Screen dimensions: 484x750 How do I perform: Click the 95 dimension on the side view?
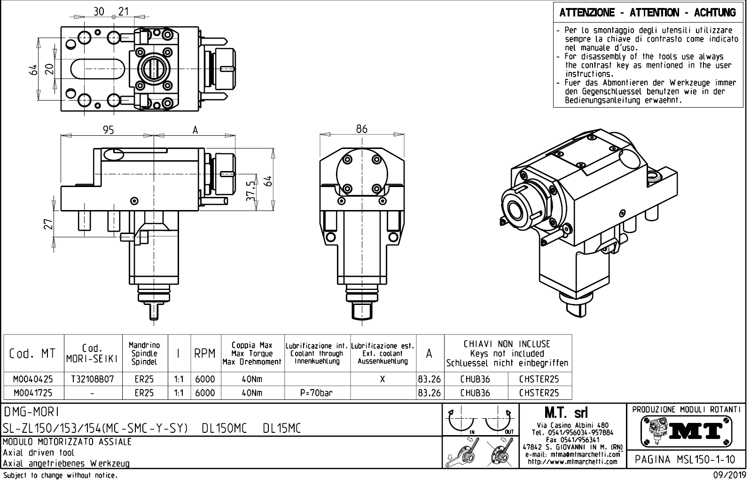109,130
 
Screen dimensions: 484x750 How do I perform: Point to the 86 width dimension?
361,129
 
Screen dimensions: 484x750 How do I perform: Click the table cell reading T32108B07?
93,379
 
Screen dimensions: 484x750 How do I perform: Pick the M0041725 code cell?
33,393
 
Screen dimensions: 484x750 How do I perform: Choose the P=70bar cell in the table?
316,393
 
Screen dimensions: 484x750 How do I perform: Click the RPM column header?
204,353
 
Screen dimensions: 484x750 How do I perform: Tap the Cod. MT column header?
32,353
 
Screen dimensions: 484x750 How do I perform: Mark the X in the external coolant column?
383,379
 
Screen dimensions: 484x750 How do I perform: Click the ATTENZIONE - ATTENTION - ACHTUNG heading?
648,13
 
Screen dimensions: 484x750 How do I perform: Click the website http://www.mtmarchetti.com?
572,462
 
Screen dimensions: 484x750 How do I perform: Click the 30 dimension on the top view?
99,12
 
